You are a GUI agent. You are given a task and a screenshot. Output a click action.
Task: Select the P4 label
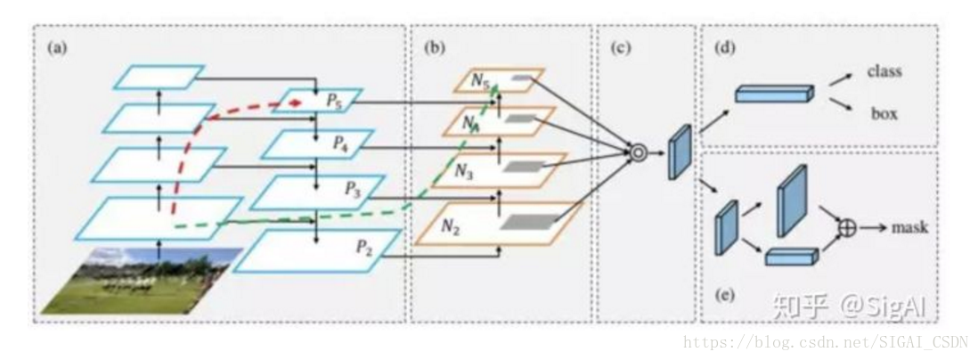pyautogui.click(x=340, y=144)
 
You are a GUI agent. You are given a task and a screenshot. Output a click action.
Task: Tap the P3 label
pyautogui.click(x=353, y=192)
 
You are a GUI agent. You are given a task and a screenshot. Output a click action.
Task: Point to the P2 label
pyautogui.click(x=365, y=247)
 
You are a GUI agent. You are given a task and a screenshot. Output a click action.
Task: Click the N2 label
pyautogui.click(x=450, y=226)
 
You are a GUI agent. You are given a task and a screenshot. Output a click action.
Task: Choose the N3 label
pyautogui.click(x=462, y=172)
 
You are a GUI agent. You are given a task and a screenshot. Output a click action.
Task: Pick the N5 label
pyautogui.click(x=480, y=83)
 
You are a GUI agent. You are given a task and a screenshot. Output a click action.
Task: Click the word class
pyautogui.click(x=884, y=70)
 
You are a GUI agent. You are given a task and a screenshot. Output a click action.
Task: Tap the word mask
pyautogui.click(x=909, y=228)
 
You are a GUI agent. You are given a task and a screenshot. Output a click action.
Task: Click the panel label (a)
pyautogui.click(x=57, y=48)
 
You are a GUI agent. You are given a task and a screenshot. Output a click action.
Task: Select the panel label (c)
pyautogui.click(x=620, y=48)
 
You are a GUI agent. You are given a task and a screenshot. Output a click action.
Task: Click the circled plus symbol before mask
pyautogui.click(x=847, y=228)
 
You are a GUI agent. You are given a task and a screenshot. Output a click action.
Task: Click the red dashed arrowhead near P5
pyautogui.click(x=297, y=101)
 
